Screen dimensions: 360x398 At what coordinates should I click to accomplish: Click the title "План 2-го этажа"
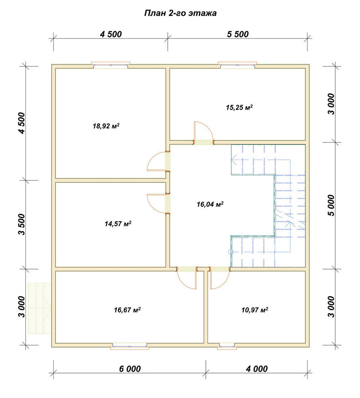[x=180, y=13]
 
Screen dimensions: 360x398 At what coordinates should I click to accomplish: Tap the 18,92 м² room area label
[x=106, y=126]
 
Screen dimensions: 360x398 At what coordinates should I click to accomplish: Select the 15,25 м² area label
[x=239, y=107]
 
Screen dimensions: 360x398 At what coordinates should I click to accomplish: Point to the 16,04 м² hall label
[x=210, y=204]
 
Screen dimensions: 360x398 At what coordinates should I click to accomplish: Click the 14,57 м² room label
[x=118, y=224]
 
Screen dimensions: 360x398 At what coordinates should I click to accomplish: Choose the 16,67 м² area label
[x=127, y=310]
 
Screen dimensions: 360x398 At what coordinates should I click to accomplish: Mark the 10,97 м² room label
[x=255, y=310]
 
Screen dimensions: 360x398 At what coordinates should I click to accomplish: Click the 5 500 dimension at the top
[x=238, y=34]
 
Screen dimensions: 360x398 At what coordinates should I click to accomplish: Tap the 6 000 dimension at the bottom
[x=130, y=369]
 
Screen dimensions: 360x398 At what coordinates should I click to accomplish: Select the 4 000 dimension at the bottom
[x=256, y=369]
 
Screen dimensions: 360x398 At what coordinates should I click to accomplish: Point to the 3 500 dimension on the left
[x=22, y=224]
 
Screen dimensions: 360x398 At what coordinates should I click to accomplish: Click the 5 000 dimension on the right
[x=331, y=205]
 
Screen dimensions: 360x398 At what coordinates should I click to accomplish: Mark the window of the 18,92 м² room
[x=111, y=65]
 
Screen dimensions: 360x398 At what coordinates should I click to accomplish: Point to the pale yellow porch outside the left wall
[x=39, y=308]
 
